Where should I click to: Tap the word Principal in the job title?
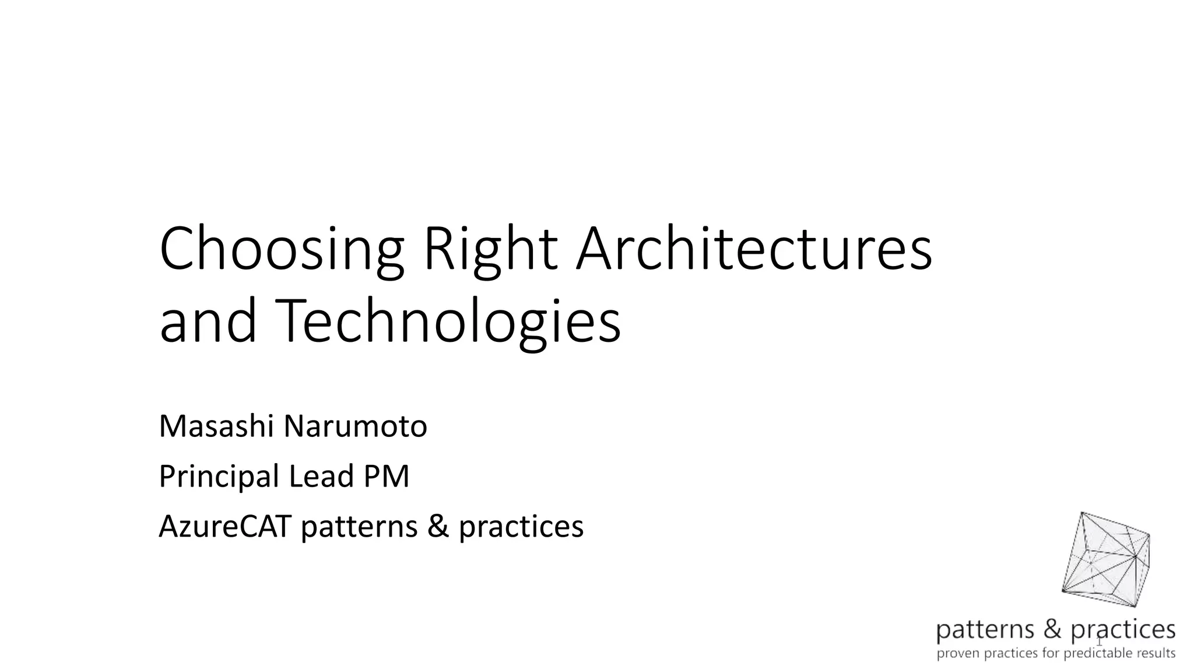pos(219,477)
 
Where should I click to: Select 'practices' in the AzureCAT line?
pos(521,527)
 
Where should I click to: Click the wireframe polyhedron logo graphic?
pos(1105,559)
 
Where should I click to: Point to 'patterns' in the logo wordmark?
pos(985,630)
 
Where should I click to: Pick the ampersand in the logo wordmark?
pos(1053,629)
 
